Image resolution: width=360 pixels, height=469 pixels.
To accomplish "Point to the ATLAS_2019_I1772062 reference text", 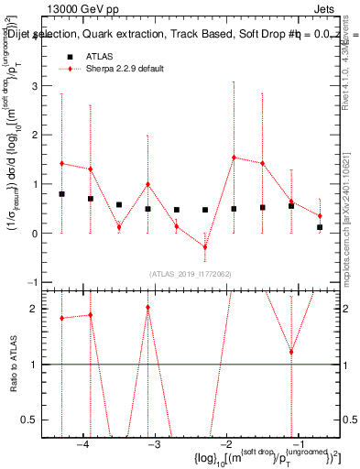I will click(191, 274).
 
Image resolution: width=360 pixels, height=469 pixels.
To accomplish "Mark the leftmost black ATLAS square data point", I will click(61, 194).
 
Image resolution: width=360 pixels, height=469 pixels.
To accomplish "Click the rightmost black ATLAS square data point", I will click(320, 227).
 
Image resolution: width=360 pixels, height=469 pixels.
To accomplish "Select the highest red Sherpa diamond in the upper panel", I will click(234, 158).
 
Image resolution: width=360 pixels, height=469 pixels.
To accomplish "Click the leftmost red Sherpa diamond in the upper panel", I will click(61, 163).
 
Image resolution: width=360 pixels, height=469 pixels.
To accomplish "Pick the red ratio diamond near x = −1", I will click(291, 352).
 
